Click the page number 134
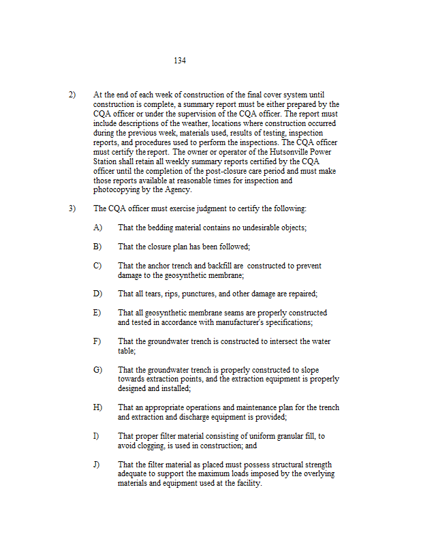pos(180,61)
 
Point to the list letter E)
pos(97,313)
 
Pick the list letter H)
pos(97,407)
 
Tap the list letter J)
pos(97,464)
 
